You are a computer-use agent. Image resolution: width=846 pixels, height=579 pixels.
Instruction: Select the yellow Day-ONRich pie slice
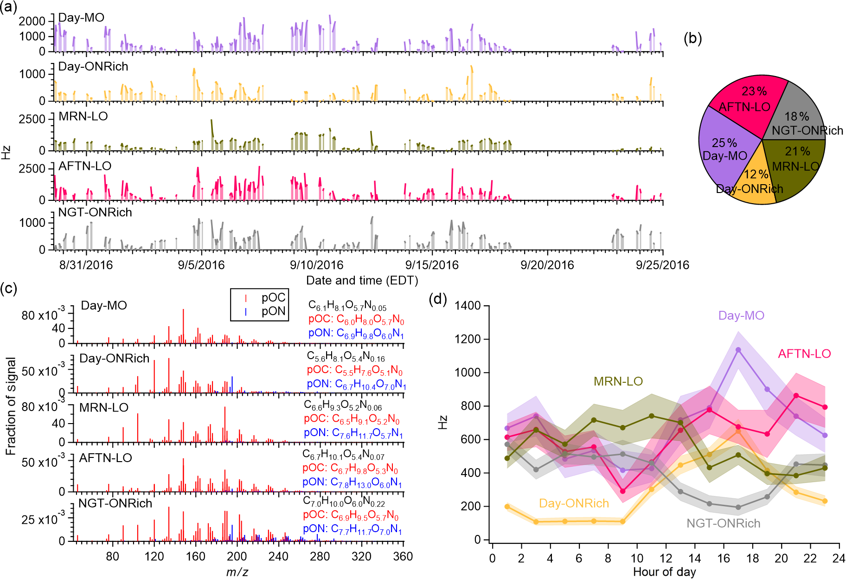coord(754,183)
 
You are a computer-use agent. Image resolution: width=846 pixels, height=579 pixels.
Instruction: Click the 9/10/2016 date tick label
coord(317,265)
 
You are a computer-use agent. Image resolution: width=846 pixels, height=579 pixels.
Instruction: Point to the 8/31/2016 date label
coord(86,265)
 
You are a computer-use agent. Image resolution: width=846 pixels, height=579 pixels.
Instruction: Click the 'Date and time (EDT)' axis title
coord(362,281)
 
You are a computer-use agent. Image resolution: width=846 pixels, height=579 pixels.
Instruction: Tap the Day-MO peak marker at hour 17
coord(738,350)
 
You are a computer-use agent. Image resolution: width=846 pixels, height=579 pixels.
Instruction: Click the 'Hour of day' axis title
coord(664,572)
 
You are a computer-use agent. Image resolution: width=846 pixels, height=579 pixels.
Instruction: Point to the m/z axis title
coord(237,572)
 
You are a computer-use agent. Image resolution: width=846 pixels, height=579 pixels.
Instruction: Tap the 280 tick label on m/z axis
coord(320,556)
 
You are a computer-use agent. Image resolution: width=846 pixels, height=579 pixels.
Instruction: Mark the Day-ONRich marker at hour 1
coord(507,507)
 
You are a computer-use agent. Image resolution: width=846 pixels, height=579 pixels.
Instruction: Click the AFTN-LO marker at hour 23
coord(825,407)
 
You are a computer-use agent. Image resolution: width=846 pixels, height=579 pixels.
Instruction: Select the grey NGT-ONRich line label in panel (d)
coord(723,523)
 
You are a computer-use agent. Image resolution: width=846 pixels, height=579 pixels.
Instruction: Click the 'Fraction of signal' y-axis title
coord(11,406)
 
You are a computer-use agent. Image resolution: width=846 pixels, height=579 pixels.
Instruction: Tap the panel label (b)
coord(692,39)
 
